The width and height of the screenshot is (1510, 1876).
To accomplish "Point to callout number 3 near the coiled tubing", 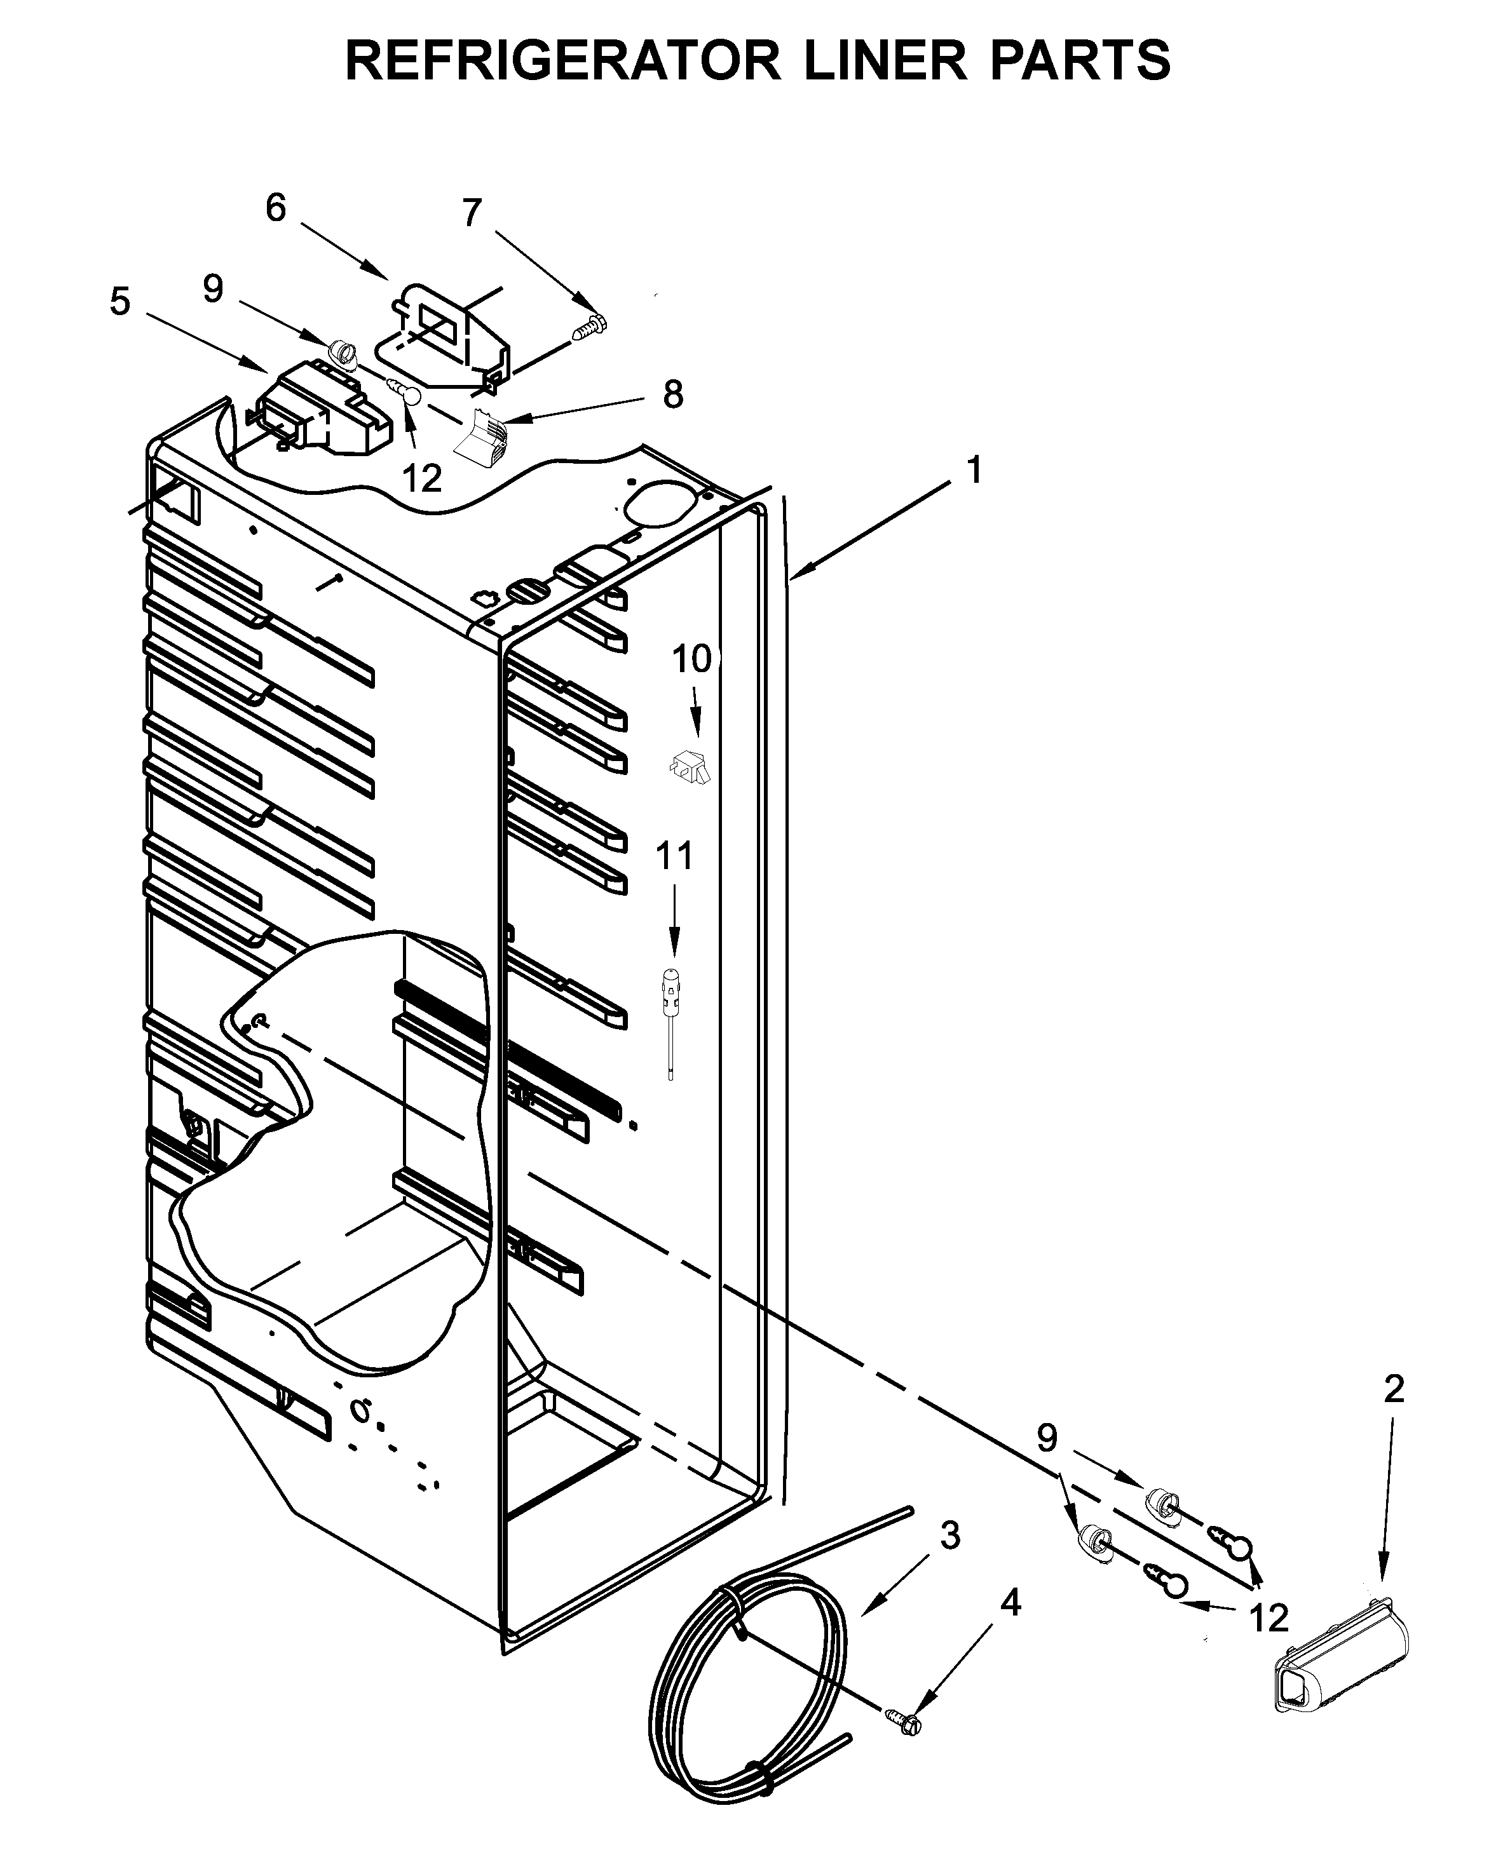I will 950,1535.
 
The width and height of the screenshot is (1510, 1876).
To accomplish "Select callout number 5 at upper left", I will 120,302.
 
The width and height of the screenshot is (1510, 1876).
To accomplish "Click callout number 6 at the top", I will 276,209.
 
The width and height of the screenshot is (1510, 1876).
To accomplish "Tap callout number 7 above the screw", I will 472,213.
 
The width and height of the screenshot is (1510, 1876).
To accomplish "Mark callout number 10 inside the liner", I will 691,659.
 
